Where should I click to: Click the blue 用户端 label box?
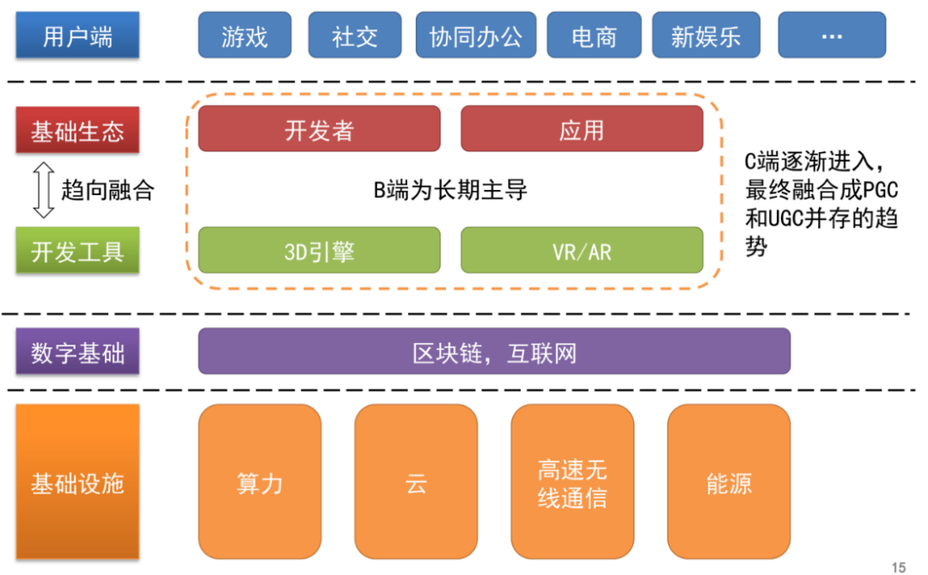click(x=77, y=35)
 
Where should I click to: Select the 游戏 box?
click(x=244, y=35)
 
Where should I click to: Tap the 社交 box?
click(x=355, y=35)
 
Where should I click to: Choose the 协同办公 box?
click(x=476, y=35)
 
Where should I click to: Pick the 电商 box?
click(x=594, y=35)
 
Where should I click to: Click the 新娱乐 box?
click(x=706, y=35)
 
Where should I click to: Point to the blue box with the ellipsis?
click(x=832, y=35)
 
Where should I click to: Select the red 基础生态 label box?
click(x=77, y=130)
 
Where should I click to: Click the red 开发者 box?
click(x=319, y=129)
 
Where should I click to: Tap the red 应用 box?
click(x=582, y=129)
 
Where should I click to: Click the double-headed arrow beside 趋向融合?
click(x=44, y=190)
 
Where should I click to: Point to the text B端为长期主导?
click(x=450, y=190)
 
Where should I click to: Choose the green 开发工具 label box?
click(x=77, y=250)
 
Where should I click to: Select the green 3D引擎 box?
click(x=319, y=250)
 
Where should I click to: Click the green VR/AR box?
click(x=582, y=250)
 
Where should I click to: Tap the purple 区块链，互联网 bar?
click(x=494, y=352)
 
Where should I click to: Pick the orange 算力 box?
click(x=259, y=481)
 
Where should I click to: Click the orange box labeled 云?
click(x=416, y=481)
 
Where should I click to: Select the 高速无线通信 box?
click(x=572, y=481)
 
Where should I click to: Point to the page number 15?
click(x=899, y=567)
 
